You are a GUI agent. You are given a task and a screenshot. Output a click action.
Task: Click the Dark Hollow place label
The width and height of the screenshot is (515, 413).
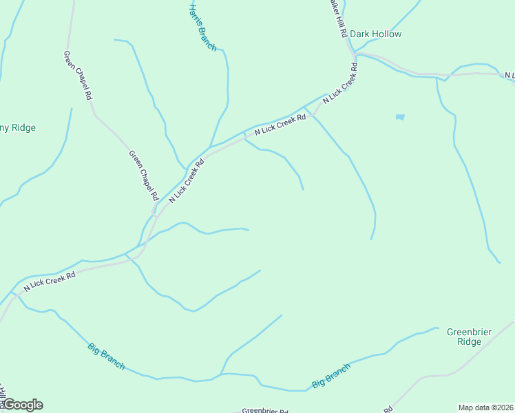pyautogui.click(x=375, y=34)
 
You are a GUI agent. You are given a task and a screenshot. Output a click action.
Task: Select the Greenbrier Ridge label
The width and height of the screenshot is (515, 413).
pyautogui.click(x=469, y=337)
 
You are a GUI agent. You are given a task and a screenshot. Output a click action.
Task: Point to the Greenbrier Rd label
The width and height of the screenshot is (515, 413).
pyautogui.click(x=265, y=410)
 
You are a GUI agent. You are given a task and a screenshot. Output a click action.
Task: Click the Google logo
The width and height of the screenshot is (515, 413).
pyautogui.click(x=23, y=405)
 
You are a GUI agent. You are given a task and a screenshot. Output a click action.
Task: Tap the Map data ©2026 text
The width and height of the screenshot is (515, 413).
pyautogui.click(x=485, y=407)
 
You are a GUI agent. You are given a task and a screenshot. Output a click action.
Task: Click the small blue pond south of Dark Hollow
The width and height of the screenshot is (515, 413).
pyautogui.click(x=400, y=117)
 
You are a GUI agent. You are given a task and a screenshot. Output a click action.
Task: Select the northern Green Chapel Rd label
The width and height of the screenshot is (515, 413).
pyautogui.click(x=78, y=76)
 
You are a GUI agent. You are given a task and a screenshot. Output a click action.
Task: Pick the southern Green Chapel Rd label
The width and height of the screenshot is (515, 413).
pyautogui.click(x=143, y=175)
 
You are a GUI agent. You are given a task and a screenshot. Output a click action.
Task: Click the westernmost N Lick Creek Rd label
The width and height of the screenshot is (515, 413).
pyautogui.click(x=49, y=280)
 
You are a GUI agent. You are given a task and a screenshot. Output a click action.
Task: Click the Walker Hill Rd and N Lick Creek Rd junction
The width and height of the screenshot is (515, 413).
pyautogui.click(x=353, y=54)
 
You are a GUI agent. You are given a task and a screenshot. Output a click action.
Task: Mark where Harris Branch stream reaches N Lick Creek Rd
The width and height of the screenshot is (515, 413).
pyautogui.click(x=211, y=146)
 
